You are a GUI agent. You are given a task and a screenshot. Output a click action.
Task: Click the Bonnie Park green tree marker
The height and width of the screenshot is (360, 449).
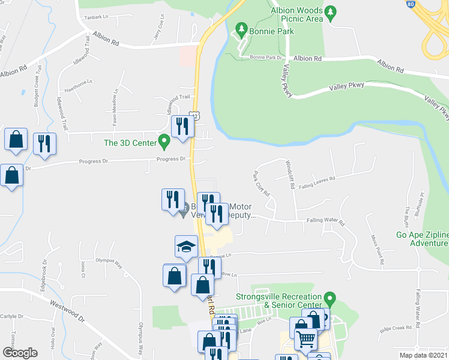(241, 28)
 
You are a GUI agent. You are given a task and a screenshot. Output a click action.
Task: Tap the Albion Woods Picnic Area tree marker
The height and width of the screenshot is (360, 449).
(330, 14)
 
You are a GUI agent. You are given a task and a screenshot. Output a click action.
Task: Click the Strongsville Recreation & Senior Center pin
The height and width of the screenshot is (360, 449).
(329, 298)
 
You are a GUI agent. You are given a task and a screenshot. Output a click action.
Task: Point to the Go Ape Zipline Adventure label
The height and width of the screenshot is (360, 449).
(423, 239)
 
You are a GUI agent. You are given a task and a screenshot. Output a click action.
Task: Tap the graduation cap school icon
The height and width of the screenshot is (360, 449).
(186, 246)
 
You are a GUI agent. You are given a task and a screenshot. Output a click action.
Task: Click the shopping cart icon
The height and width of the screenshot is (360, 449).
(306, 340)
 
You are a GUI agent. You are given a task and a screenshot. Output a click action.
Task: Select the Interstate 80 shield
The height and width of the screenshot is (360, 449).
(444, 3)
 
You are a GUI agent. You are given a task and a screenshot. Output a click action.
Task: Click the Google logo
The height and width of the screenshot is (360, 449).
(19, 352)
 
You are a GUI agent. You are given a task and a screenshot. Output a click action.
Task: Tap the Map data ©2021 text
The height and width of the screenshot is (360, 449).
(424, 355)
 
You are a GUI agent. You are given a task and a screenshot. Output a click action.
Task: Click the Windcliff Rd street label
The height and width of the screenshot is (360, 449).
(291, 175)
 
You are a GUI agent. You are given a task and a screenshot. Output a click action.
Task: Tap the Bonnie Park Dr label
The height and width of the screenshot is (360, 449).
(266, 58)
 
